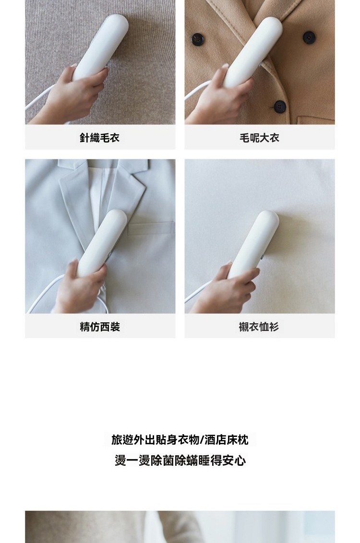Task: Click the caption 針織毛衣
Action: tap(100, 138)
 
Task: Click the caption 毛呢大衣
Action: tap(260, 138)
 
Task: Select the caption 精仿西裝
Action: tap(100, 327)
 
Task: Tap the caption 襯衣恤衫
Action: tap(259, 327)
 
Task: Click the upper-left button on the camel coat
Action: tap(197, 39)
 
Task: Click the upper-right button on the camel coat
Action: tap(308, 37)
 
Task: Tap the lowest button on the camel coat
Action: tap(280, 106)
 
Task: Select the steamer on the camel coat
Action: tap(252, 51)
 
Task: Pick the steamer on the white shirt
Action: tap(253, 245)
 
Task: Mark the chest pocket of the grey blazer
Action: tap(151, 228)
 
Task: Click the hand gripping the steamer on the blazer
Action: tap(80, 287)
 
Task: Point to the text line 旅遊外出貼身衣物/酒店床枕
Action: tap(180, 440)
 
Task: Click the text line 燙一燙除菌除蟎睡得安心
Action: tap(180, 460)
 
